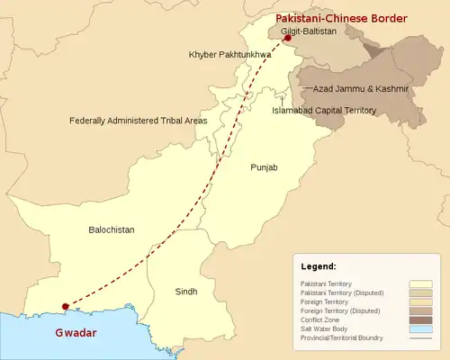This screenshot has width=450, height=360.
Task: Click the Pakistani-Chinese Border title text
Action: [340, 18]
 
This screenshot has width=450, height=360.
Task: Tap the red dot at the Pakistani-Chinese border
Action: [287, 39]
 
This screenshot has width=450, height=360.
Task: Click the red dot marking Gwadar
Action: [64, 307]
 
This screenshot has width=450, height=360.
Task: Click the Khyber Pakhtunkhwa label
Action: [229, 55]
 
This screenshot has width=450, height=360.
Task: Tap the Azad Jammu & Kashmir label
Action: [360, 89]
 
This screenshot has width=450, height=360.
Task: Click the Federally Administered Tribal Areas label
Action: [139, 120]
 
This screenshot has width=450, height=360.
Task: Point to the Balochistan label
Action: [112, 229]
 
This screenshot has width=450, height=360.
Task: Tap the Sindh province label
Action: [184, 292]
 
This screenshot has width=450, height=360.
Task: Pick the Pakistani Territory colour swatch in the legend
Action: [421, 284]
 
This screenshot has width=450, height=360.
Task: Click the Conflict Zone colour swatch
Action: [421, 320]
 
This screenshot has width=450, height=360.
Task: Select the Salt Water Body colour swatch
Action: [421, 329]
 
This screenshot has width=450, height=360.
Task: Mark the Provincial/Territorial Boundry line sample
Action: [421, 338]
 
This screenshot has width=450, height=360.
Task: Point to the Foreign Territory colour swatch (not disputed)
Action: [421, 302]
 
